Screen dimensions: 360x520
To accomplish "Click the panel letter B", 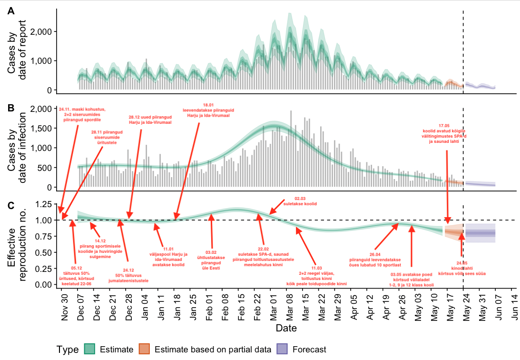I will point(10,108).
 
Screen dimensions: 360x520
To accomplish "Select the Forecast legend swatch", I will point(282,349).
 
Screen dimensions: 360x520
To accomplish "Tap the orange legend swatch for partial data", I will point(145,349).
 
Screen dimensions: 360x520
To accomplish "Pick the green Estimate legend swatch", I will point(90,349).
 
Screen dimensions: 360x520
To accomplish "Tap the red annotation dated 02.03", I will point(300,201).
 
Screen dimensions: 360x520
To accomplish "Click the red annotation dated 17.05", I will point(444,133).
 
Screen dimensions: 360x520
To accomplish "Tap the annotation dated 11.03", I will point(316,276).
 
